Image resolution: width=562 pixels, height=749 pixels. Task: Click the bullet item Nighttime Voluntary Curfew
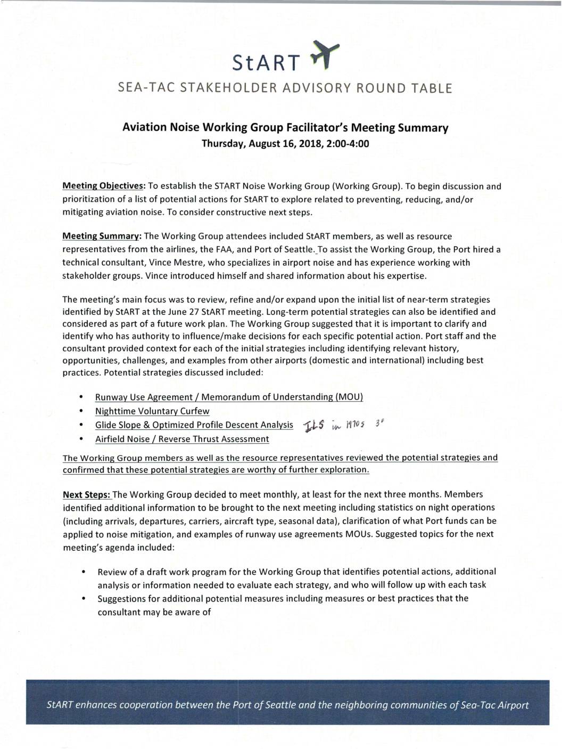pos(152,411)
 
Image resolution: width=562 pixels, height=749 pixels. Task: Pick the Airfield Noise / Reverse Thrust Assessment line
pos(182,439)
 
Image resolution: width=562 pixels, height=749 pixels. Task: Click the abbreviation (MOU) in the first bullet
pos(349,397)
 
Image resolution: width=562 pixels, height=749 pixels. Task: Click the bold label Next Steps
pos(86,494)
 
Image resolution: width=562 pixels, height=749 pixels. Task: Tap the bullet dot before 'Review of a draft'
pos(84,572)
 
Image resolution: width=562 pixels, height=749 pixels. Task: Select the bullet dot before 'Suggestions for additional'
pos(84,598)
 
